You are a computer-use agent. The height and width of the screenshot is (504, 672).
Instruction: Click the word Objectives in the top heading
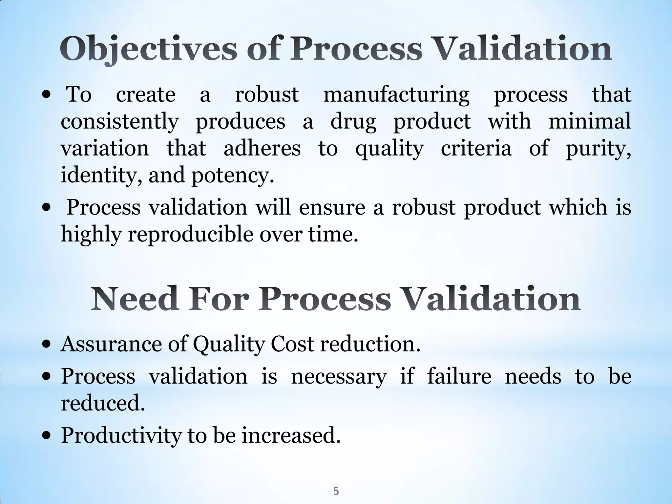point(148,50)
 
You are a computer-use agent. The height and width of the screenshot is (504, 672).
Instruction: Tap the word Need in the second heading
point(135,299)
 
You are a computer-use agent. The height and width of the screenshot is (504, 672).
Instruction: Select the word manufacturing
point(396,95)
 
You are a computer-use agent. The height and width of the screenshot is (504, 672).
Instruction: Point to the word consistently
point(119,122)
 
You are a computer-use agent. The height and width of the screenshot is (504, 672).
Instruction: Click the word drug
point(353,122)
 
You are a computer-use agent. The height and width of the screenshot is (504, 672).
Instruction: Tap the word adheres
point(262,148)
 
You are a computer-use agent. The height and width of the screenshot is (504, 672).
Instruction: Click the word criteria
point(476,148)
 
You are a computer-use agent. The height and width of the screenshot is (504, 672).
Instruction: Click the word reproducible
point(191,235)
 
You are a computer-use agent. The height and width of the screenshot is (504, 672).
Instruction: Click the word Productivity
point(121,436)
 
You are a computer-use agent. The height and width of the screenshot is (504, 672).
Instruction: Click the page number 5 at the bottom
point(336,482)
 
